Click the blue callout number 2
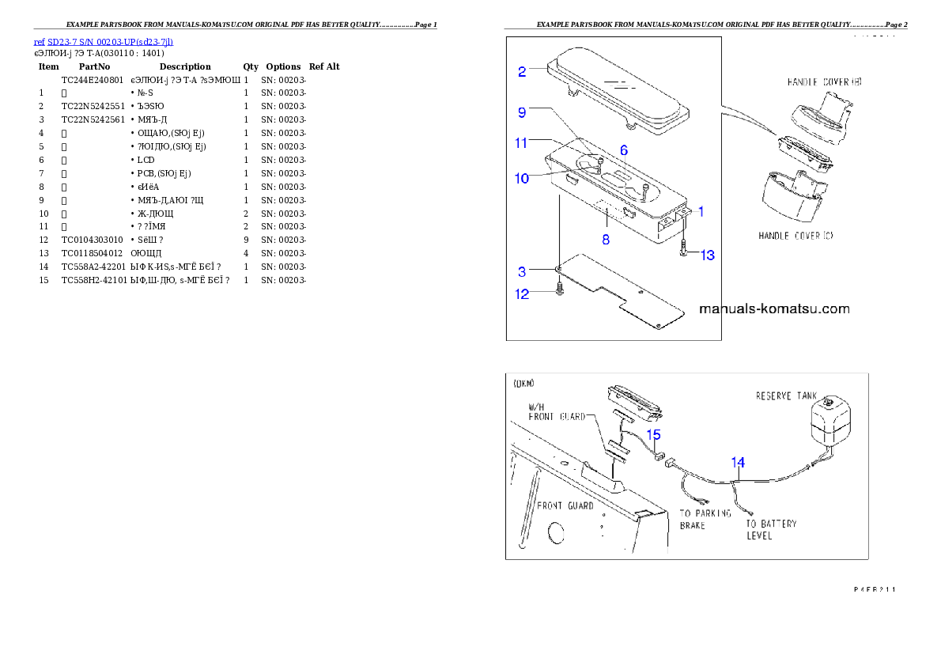pos(522,72)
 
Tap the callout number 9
pos(522,112)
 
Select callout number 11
pos(522,143)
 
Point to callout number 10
pos(522,179)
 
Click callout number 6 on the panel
pos(624,149)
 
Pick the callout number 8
pos(606,237)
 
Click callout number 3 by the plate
pos(522,271)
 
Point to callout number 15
pos(653,434)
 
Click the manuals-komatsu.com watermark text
pos(774,309)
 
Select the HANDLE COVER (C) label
pos(796,236)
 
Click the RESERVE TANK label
pos(786,395)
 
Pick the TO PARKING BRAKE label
pos(705,519)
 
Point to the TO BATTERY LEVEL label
pos(771,529)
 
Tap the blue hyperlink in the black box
pos(104,41)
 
